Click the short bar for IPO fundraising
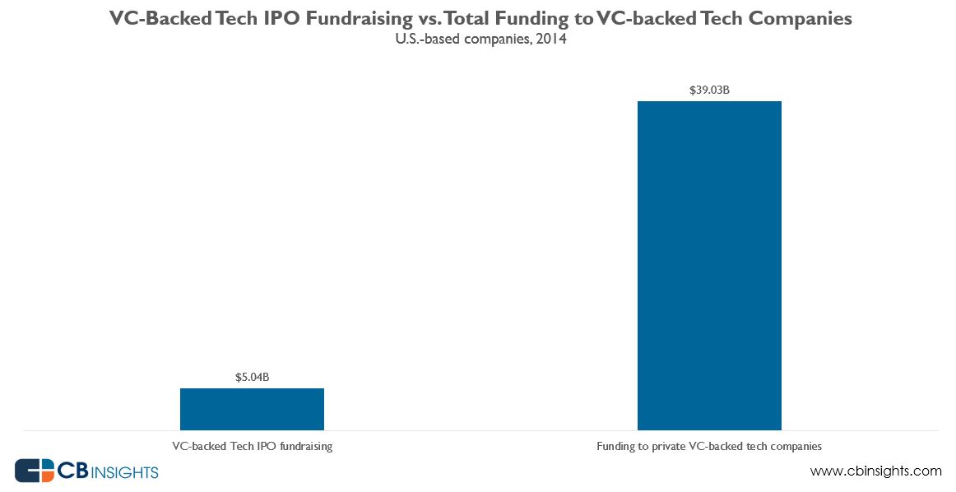click(252, 409)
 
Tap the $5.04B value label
click(252, 378)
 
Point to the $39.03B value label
click(709, 90)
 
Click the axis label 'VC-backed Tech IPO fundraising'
click(252, 447)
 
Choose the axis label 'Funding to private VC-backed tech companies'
click(709, 447)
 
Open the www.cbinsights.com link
click(875, 471)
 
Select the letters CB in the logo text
click(68, 471)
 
